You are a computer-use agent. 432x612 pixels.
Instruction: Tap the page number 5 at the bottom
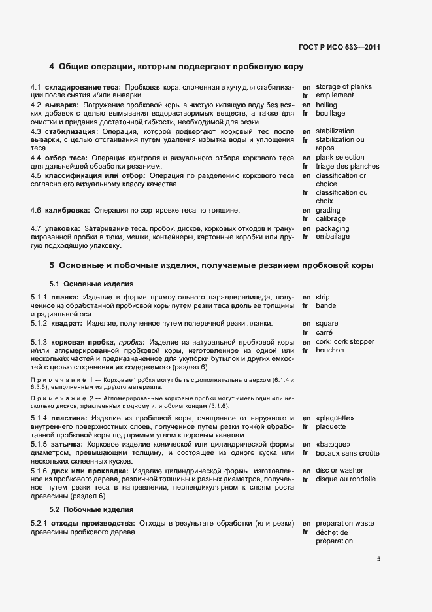coord(379,559)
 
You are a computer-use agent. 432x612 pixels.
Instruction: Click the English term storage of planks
coord(344,87)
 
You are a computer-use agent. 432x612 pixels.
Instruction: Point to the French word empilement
coord(335,95)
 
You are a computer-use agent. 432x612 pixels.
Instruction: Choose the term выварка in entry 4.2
coord(62,105)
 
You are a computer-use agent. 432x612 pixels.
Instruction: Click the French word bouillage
coord(331,113)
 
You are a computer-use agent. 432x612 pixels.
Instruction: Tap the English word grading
coord(328,211)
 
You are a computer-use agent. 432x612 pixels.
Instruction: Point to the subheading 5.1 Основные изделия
coord(91,284)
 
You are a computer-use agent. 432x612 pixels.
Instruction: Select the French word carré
coord(325,332)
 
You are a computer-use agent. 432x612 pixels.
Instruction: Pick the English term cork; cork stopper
coord(345,341)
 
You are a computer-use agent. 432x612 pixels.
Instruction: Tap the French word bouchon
coord(330,350)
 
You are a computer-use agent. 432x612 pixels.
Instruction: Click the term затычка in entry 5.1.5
coord(65,444)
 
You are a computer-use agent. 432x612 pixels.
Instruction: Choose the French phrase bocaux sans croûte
coord(348,453)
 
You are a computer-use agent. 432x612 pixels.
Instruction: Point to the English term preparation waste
coord(345,524)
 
